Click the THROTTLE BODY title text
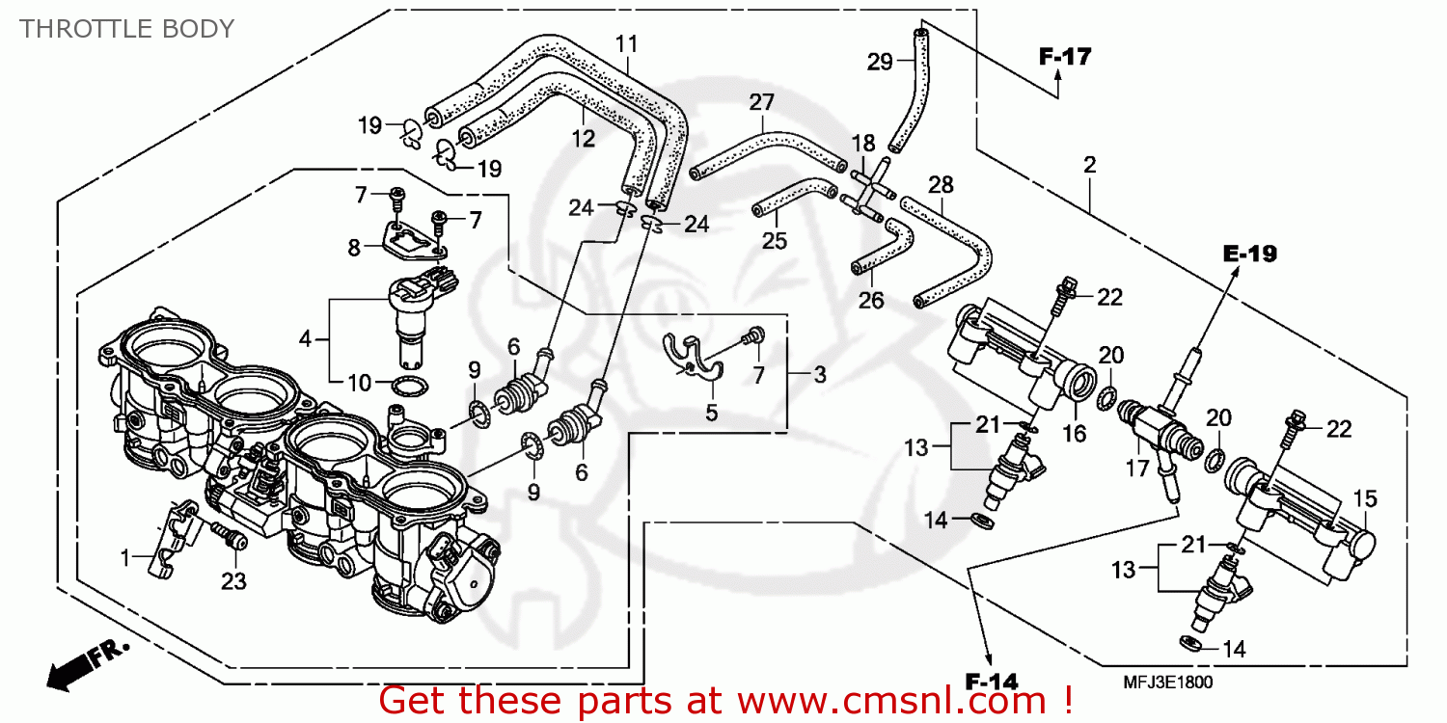(126, 29)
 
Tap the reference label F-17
(1064, 57)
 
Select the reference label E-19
(1249, 254)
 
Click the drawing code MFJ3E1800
(1167, 683)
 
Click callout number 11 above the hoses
(627, 43)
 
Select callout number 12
(583, 139)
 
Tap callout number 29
(880, 63)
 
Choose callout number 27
(762, 102)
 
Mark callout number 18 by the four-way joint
(862, 143)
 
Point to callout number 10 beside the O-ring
(359, 384)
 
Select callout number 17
(1138, 469)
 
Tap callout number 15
(1365, 499)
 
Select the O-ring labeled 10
(409, 388)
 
